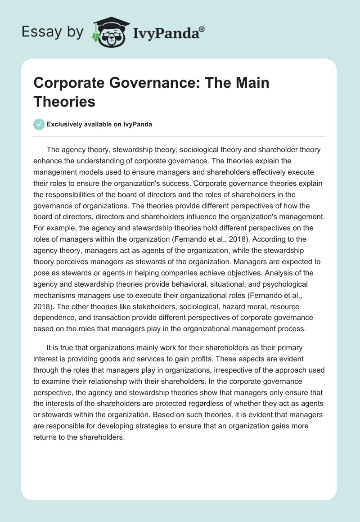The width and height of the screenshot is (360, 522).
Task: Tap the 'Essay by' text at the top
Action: (52, 32)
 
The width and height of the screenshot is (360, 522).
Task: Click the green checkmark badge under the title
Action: (39, 124)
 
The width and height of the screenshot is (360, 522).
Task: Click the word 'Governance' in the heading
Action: (155, 84)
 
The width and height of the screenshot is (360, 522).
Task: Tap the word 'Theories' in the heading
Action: (64, 102)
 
